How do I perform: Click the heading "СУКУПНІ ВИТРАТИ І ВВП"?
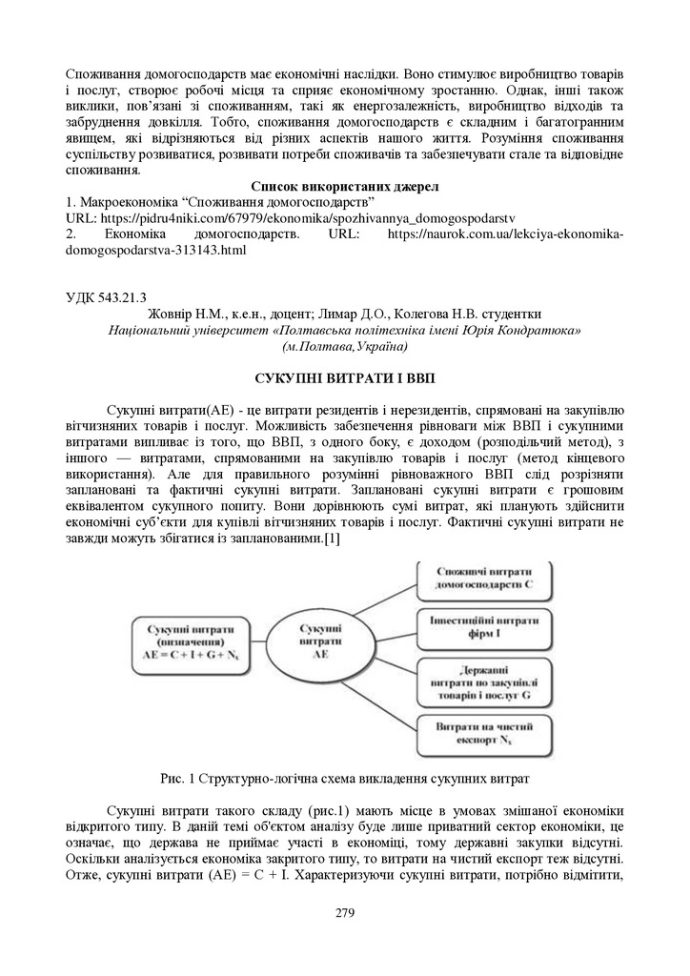pyautogui.click(x=344, y=377)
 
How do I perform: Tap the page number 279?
pyautogui.click(x=345, y=913)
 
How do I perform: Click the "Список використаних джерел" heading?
pyautogui.click(x=344, y=186)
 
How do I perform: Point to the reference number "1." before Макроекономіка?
pyautogui.click(x=70, y=202)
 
